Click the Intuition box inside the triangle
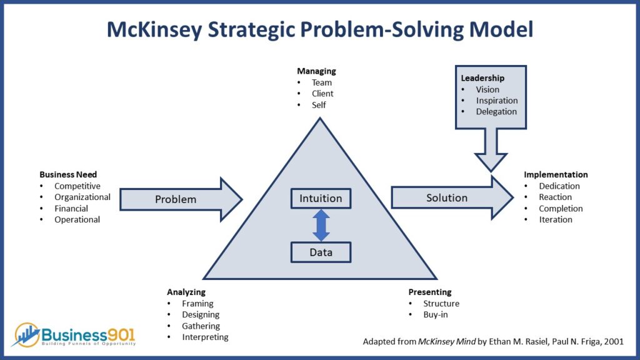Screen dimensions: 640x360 tap(321, 198)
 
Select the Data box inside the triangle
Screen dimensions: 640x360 tap(321, 252)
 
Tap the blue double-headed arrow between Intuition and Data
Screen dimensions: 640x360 tap(321, 225)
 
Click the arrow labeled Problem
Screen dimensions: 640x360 tap(181, 199)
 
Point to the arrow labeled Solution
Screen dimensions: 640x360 tap(452, 198)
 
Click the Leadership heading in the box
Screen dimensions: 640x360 tap(482, 78)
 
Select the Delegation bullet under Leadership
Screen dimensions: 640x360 tap(496, 111)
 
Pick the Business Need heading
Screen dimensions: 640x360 tap(68, 174)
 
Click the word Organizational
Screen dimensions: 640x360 tap(82, 197)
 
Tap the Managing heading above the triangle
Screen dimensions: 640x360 tap(316, 71)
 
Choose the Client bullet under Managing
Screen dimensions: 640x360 tap(322, 94)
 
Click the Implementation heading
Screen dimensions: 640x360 tap(556, 174)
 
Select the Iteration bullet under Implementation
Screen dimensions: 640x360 tap(556, 219)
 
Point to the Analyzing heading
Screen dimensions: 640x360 tap(186, 292)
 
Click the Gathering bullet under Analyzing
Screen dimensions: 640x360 tap(201, 326)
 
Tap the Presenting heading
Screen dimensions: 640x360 tap(430, 292)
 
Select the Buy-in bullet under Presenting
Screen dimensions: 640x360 tap(436, 315)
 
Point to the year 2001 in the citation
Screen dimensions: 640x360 tap(614, 341)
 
